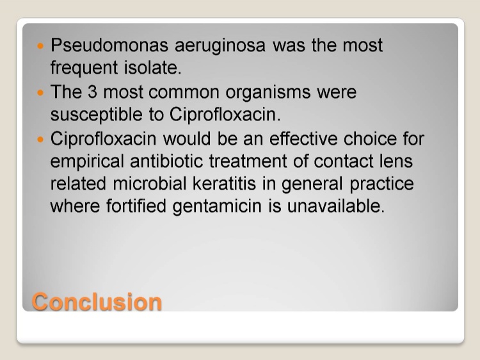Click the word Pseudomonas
109,45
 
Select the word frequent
84,69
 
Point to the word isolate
152,67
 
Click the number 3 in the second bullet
92,92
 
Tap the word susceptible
97,115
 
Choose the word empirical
87,162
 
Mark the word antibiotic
166,161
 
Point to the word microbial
149,184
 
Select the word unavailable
335,206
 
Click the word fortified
136,206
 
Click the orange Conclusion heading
97,302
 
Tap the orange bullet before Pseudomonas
40,46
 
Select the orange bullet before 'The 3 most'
40,92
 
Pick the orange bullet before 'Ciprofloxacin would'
40,140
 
